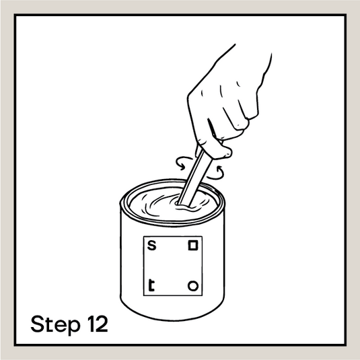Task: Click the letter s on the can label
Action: pyautogui.click(x=151, y=246)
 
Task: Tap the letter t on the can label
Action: pyautogui.click(x=151, y=285)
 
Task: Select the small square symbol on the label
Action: pyautogui.click(x=193, y=246)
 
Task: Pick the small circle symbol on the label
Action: pyautogui.click(x=193, y=286)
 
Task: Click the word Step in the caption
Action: pyautogui.click(x=55, y=324)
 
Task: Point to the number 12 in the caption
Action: pyautogui.click(x=98, y=324)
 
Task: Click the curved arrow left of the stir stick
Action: pyautogui.click(x=183, y=163)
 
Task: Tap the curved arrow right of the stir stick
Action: pyautogui.click(x=216, y=173)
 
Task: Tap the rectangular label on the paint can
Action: pyautogui.click(x=173, y=266)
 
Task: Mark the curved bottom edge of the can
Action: pyautogui.click(x=172, y=320)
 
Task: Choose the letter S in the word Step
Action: pyautogui.click(x=38, y=324)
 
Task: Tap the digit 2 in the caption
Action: pyautogui.click(x=102, y=324)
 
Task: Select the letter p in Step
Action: pyautogui.click(x=74, y=326)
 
